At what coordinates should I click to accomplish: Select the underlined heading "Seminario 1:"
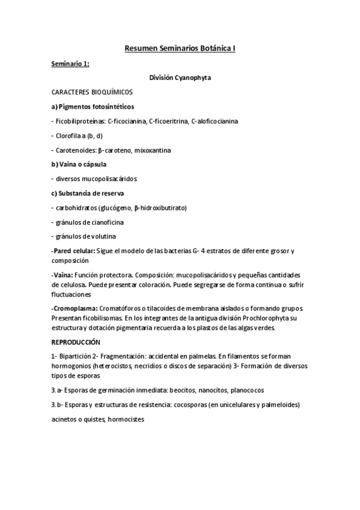coord(70,63)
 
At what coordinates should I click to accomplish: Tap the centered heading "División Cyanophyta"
coord(180,78)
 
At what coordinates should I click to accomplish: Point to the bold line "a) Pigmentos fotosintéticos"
coord(88,106)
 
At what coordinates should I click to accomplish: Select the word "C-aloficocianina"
coord(215,121)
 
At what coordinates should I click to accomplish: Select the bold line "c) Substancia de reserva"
coord(88,193)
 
